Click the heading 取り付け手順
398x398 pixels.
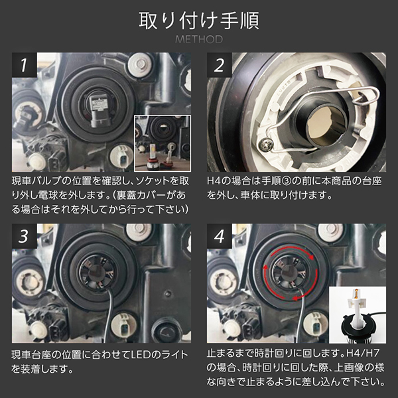pos(199,21)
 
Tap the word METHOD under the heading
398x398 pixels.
pos(199,39)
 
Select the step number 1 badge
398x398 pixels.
pos(24,65)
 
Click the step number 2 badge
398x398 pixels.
pos(220,65)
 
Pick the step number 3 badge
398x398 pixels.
pos(24,236)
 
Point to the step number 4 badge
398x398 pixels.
pos(220,236)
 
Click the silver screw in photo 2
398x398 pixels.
pos(265,145)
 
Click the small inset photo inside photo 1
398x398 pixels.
pos(163,143)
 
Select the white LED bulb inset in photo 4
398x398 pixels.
pos(358,314)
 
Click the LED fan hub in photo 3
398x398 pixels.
pos(97,273)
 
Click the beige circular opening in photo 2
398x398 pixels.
pos(326,127)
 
